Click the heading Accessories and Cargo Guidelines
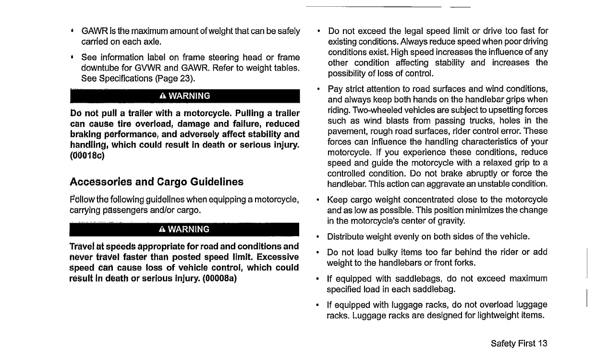point(157,182)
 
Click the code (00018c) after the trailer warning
point(87,155)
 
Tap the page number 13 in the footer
point(543,343)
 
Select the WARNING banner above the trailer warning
point(184,96)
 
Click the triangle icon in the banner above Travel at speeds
point(161,229)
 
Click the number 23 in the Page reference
point(186,78)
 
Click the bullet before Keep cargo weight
point(319,200)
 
